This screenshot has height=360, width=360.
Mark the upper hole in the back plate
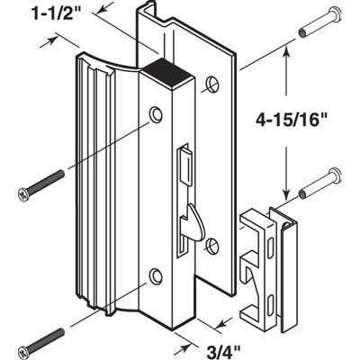tap(211, 84)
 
